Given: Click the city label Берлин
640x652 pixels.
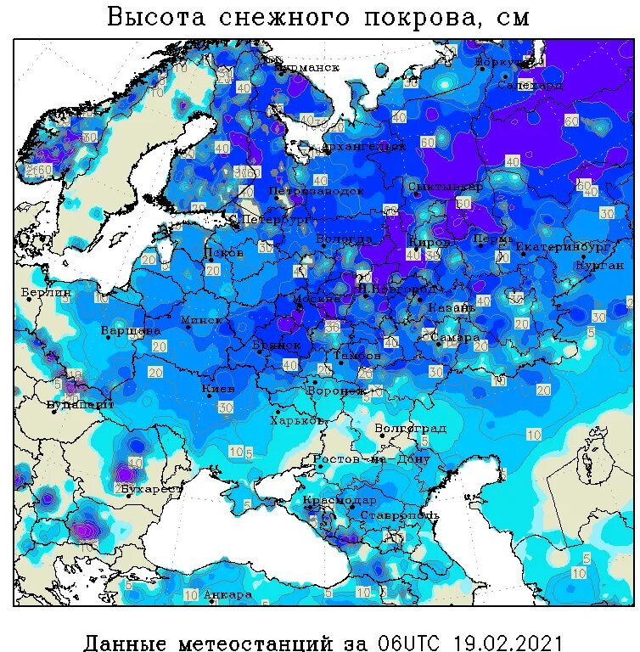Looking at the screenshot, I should coord(47,292).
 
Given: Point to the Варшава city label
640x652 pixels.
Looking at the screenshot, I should coord(131,329).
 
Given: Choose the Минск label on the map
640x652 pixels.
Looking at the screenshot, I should coord(202,320).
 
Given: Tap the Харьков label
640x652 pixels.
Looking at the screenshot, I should coord(298,420).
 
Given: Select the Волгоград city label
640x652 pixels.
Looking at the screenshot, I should coord(410,428).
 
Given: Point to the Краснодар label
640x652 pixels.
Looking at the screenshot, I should coord(340,500).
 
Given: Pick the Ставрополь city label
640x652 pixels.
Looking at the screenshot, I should coord(399,515).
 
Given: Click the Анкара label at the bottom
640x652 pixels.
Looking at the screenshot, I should coord(228,594).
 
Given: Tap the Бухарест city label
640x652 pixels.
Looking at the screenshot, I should coord(151,489).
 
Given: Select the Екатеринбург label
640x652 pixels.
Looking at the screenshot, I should coord(563,247).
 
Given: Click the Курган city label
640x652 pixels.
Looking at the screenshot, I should coord(599,265).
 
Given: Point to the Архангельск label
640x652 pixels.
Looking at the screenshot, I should coord(363,147).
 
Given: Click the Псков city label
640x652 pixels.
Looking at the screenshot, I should coord(224,253).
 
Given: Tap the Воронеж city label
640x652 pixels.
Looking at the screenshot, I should coord(336,391).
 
